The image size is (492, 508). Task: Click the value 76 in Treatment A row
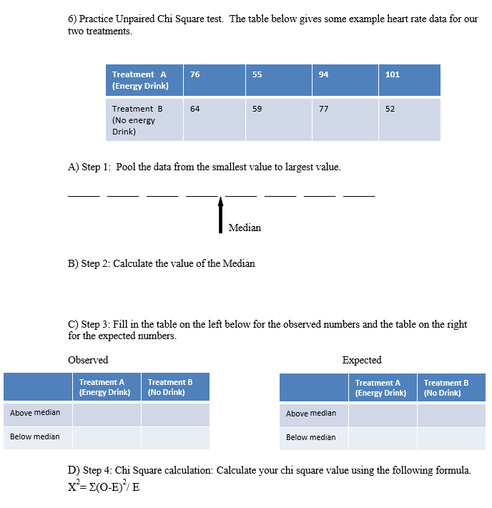[195, 74]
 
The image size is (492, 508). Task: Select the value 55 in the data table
[257, 74]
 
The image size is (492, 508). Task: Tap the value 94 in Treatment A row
[323, 74]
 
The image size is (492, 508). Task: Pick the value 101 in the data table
[392, 74]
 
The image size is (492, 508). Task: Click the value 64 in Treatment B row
[195, 109]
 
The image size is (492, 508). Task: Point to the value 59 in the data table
[257, 109]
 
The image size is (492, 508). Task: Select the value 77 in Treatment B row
[323, 109]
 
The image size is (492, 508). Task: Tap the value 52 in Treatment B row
[390, 109]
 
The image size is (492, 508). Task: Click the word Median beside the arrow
[245, 228]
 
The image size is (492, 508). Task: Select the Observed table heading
[88, 360]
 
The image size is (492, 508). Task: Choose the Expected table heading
[362, 360]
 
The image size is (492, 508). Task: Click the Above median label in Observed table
[35, 413]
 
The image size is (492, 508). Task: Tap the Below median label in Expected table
[311, 437]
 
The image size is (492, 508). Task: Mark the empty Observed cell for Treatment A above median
[107, 414]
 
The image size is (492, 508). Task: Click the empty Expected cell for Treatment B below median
[451, 439]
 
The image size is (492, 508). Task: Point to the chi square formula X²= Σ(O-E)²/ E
[99, 487]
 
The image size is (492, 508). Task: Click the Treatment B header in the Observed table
[170, 387]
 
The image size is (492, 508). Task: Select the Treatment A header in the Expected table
[380, 388]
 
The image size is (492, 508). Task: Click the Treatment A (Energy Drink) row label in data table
[140, 80]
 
